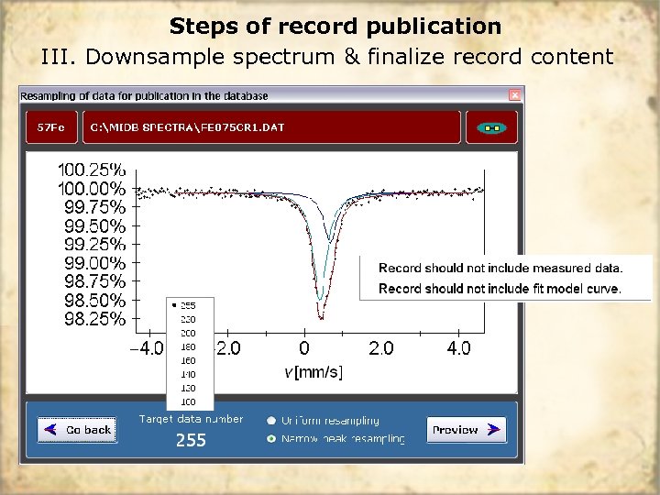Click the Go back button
point(77,429)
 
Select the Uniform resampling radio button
point(271,421)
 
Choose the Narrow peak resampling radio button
point(271,439)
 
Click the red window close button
point(515,94)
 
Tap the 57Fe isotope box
point(51,127)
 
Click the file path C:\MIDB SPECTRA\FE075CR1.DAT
point(187,127)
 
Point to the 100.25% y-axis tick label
point(92,170)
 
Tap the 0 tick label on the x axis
point(304,348)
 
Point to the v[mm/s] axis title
point(313,371)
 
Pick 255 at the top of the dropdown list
point(188,305)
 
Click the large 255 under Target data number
point(191,441)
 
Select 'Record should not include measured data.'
point(500,269)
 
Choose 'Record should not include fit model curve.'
point(500,289)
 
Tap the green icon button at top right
point(492,127)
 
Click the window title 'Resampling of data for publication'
point(144,95)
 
